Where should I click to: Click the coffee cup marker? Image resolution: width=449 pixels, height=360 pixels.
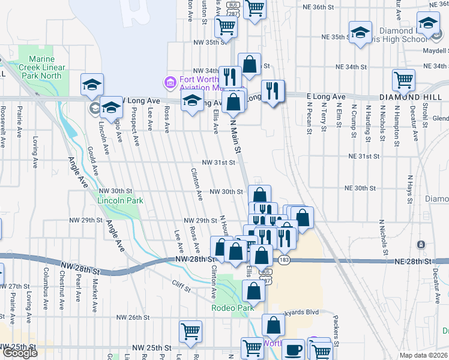[293, 349]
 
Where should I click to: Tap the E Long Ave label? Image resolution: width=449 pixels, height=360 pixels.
[326, 96]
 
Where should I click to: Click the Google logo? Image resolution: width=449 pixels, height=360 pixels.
[20, 353]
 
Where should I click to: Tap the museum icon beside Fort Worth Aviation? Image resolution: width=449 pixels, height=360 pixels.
[170, 82]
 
